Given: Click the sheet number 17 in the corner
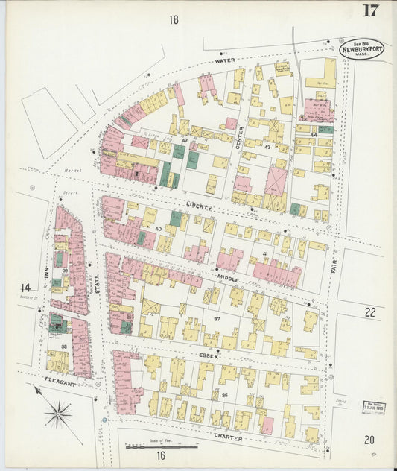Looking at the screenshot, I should coord(369,10).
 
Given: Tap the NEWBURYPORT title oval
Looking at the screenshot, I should coord(362,49).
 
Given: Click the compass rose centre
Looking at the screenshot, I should coord(58,412).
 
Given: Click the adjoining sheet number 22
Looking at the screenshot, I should coord(369,312).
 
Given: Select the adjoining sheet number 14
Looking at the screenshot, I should coord(26,287).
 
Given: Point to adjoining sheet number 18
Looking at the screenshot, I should coord(174,20).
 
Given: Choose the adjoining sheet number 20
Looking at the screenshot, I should coord(369,440).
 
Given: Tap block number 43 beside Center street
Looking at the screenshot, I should coord(266,147).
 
